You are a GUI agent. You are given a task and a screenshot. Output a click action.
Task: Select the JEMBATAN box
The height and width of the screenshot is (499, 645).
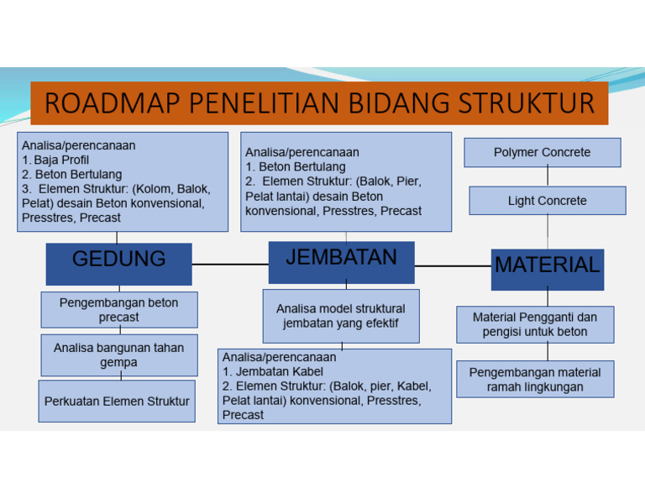[341, 261]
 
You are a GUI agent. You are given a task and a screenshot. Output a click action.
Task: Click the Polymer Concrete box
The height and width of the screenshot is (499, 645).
[542, 152]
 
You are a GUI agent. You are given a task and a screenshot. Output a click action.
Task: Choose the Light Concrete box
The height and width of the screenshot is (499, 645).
[547, 201]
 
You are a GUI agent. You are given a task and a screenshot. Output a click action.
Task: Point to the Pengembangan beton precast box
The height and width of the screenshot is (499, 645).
[119, 309]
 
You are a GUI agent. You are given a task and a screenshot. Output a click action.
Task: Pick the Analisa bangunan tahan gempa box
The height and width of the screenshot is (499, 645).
[118, 355]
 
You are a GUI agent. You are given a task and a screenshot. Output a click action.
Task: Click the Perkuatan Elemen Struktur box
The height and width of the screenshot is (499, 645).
[117, 401]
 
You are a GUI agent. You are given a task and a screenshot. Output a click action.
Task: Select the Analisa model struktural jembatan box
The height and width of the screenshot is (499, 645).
[340, 316]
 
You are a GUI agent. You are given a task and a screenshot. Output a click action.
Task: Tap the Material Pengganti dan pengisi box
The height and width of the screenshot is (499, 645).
[535, 324]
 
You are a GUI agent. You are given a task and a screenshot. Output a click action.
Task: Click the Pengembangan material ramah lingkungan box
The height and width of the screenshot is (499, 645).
[535, 379]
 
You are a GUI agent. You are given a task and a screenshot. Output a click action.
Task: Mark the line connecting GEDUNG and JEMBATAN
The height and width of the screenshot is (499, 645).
[230, 264]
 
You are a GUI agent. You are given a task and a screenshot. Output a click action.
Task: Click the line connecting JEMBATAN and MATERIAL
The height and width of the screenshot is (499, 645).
[453, 265]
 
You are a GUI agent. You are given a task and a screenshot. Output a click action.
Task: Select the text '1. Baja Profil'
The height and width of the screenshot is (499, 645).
[55, 160]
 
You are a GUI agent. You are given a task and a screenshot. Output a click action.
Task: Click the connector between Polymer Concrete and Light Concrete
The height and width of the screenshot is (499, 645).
[548, 176]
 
